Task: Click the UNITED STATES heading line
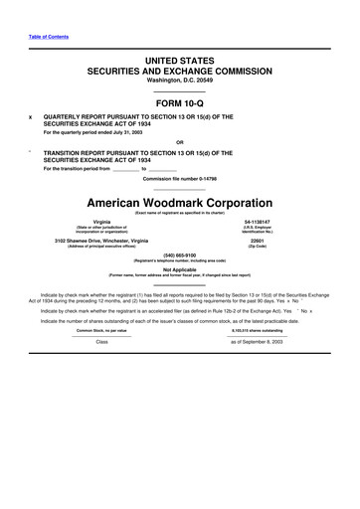point(180,62)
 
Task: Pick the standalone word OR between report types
point(180,141)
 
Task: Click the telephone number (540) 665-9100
point(180,254)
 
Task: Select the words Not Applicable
point(180,268)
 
